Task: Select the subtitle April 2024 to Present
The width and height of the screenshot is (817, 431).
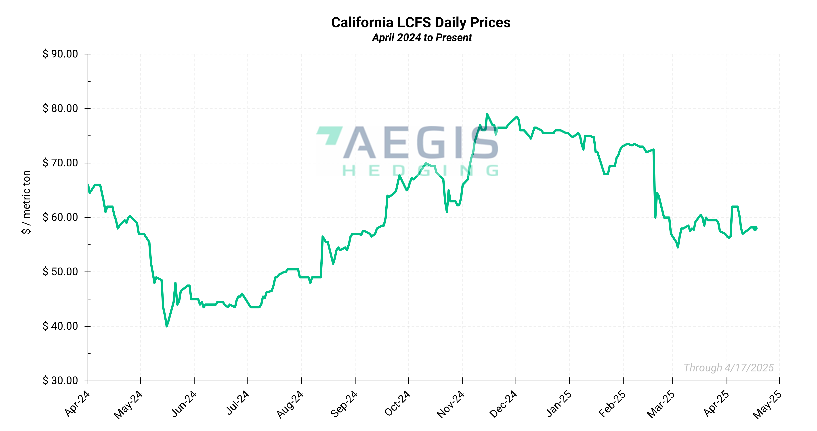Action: pyautogui.click(x=422, y=37)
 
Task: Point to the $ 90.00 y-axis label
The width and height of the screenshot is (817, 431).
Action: pyautogui.click(x=60, y=54)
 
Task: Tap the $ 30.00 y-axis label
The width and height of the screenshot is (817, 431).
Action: pyautogui.click(x=60, y=380)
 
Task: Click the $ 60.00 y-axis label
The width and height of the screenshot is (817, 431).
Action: pyautogui.click(x=60, y=217)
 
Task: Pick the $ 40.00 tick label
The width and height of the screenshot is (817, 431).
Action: pyautogui.click(x=60, y=326)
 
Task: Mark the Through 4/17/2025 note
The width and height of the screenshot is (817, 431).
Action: pyautogui.click(x=729, y=368)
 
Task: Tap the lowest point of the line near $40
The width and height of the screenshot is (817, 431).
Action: pyautogui.click(x=167, y=326)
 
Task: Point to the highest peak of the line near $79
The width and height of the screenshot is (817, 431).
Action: pyautogui.click(x=487, y=114)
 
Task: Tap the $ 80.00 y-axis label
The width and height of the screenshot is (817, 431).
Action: pyautogui.click(x=60, y=108)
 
